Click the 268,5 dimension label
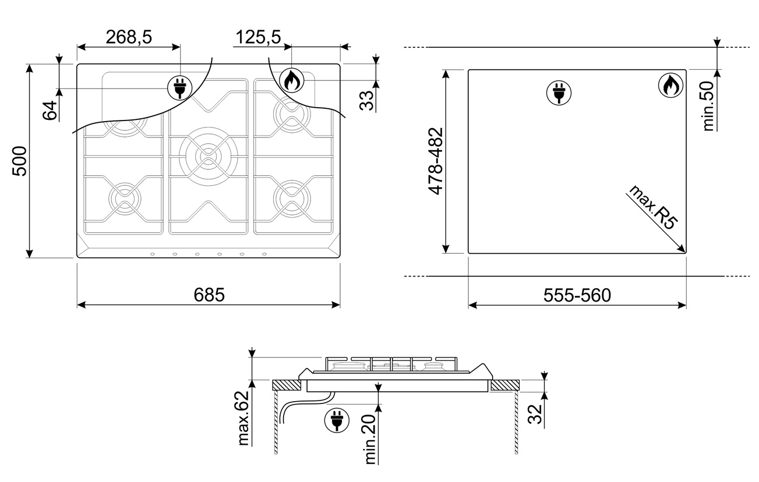129,37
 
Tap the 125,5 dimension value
258,37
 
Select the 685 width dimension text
209,295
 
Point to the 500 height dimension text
19,161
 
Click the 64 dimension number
50,110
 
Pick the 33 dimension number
366,100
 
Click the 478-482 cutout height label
436,161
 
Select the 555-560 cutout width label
577,295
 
